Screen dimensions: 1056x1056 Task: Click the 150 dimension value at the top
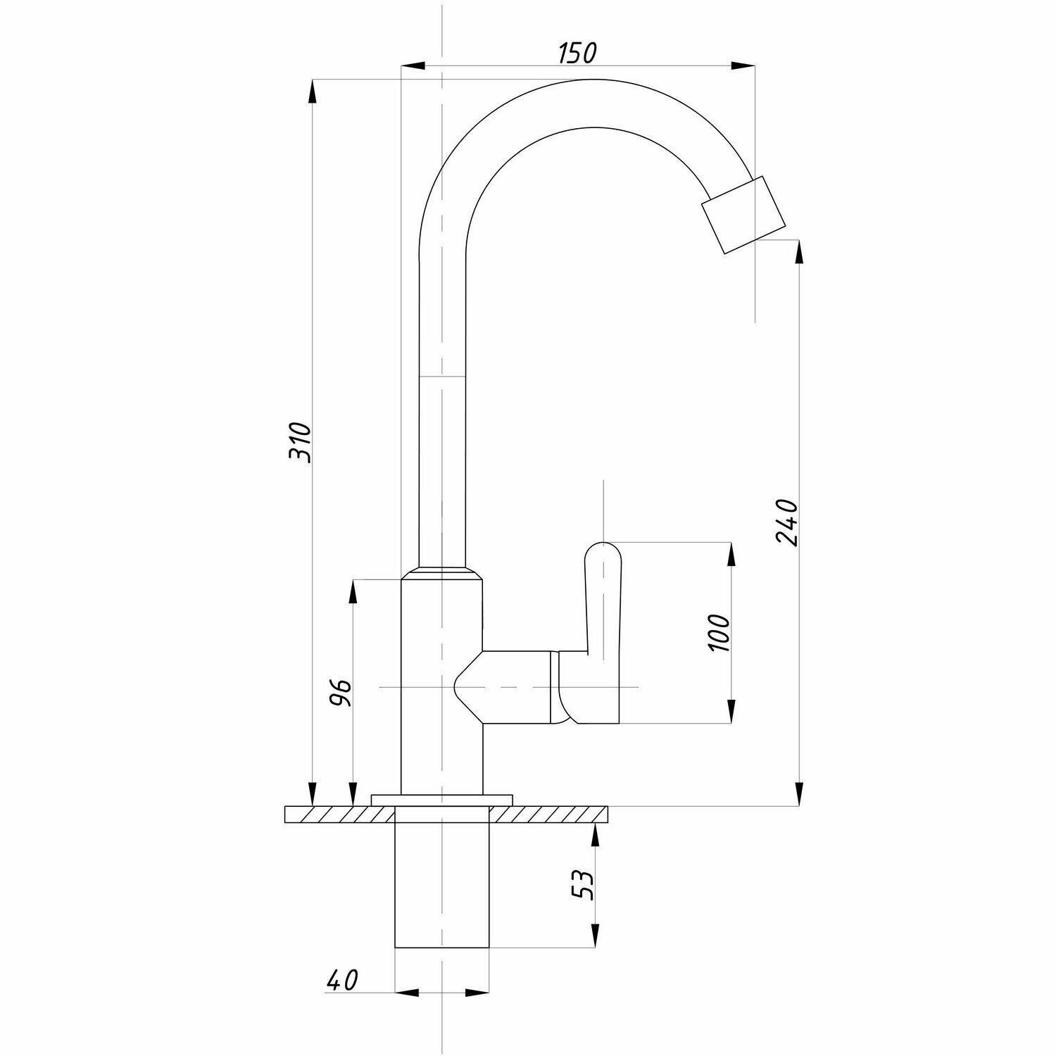577,53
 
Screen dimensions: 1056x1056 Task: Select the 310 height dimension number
300,441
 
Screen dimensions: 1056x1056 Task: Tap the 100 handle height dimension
719,632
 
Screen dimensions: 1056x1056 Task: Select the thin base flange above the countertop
442,798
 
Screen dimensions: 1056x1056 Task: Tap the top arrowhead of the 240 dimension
798,252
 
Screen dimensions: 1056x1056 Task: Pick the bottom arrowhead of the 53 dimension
596,936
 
